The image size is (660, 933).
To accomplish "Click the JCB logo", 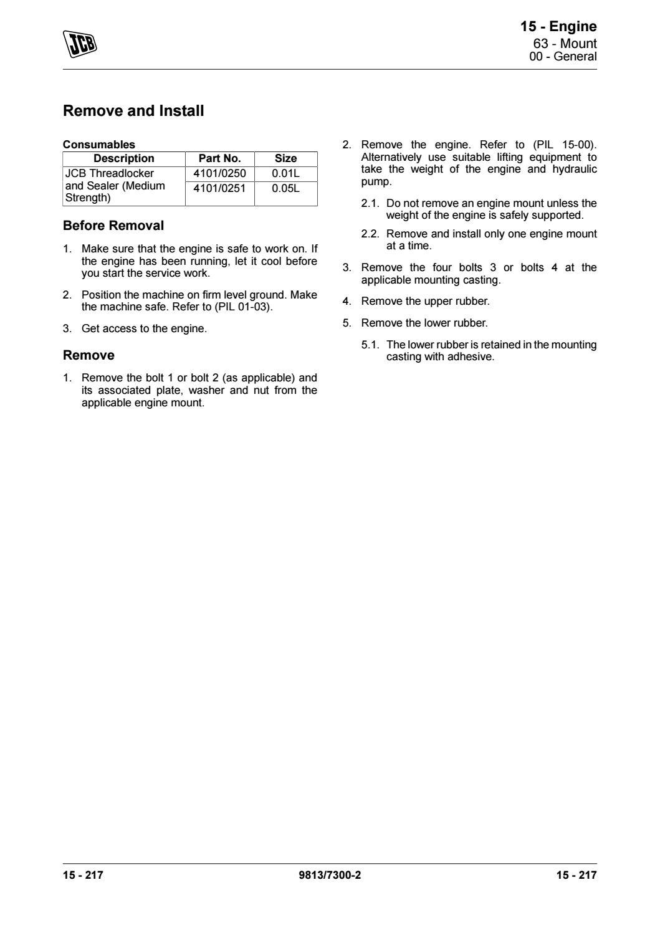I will point(80,44).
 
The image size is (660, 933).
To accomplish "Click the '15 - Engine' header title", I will point(558,27).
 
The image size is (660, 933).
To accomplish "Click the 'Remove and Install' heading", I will point(133,112).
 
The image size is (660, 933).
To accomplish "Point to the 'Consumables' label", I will point(99,145).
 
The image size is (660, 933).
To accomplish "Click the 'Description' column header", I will point(123,158).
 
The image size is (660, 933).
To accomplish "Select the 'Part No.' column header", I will point(219,158).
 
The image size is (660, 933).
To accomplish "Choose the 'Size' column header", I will point(285,158).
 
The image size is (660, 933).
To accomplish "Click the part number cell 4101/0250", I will point(219,173).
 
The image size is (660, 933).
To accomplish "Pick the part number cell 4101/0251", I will point(219,188).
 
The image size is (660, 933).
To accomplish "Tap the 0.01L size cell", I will point(285,173).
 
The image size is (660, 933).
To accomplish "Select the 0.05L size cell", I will point(285,188).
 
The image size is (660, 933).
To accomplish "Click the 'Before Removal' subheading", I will point(113,226).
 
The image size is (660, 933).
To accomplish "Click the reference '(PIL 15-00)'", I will point(565,145).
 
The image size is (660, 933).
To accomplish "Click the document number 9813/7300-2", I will point(330,875).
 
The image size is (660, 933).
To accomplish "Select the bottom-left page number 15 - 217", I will point(83,875).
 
